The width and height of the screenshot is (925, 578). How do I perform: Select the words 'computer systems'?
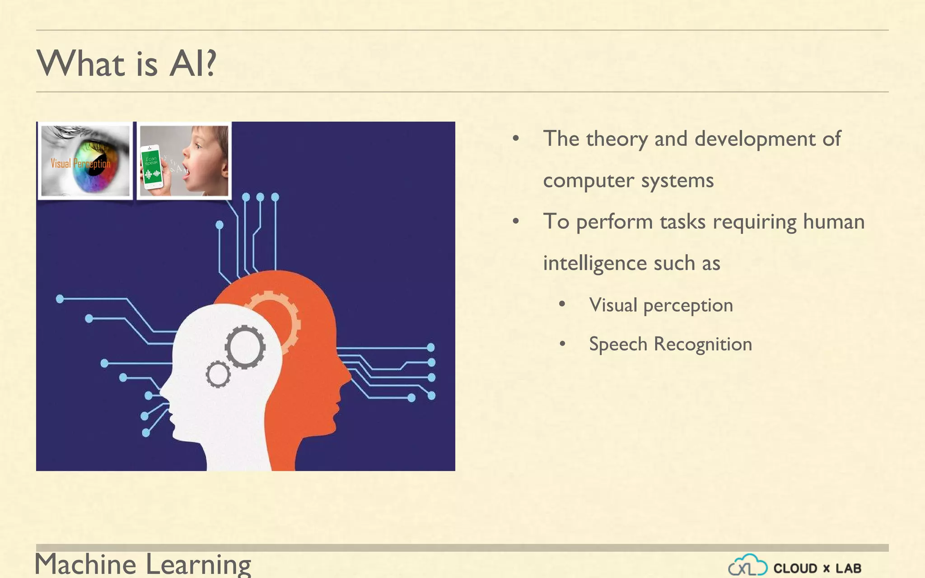pos(628,181)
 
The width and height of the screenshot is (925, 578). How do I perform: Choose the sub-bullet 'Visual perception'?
pos(660,305)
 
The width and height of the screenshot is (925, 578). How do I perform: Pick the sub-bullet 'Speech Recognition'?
pos(670,344)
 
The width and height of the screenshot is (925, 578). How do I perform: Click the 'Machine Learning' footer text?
pos(143,564)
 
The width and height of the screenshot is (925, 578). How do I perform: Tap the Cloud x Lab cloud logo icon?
pos(747,565)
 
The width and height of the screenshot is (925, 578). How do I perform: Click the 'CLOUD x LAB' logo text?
pos(817,568)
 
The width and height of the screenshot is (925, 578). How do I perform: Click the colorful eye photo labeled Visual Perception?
pos(85,161)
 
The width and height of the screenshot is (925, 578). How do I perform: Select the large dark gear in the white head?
pos(245,347)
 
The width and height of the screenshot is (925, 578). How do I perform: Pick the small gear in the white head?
pos(218,374)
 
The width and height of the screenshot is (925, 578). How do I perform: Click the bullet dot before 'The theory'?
pos(516,139)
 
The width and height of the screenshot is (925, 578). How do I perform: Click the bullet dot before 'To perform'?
pos(516,222)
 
